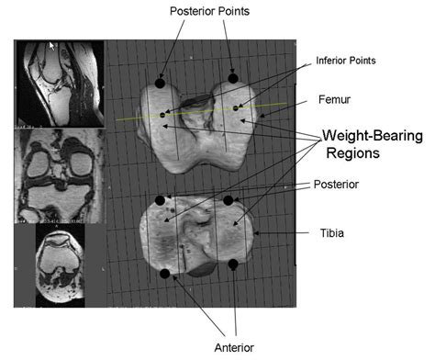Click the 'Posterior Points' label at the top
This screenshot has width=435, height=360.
[209, 11]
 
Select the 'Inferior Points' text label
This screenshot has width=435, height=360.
[346, 61]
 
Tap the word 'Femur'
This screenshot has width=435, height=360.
[334, 99]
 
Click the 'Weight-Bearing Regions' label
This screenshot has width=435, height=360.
[373, 144]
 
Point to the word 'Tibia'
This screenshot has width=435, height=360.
[332, 233]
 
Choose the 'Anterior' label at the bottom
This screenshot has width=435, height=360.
[234, 348]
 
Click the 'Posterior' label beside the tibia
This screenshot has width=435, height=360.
[336, 185]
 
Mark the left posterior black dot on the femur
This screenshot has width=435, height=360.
[160, 84]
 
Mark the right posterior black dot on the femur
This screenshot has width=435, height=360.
[233, 78]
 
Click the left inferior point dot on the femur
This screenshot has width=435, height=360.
[162, 115]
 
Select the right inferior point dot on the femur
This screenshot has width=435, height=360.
[236, 108]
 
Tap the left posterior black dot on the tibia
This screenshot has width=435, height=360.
[160, 201]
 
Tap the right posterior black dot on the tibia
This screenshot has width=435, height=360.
[229, 201]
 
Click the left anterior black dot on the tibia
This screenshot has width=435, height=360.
[165, 274]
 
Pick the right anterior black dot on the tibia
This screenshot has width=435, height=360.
[233, 264]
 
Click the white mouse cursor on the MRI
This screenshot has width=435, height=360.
[52, 46]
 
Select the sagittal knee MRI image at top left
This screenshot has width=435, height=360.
[60, 84]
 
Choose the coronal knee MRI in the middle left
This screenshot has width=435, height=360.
[60, 175]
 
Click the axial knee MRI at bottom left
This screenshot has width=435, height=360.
[61, 265]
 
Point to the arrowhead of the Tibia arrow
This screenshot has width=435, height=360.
[256, 233]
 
